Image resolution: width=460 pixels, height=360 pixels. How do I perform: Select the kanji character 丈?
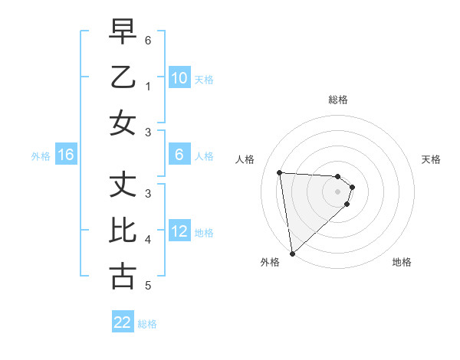point(123,184)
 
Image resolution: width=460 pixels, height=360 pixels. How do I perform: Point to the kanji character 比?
point(123,231)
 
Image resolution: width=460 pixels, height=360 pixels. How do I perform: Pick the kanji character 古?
point(123,277)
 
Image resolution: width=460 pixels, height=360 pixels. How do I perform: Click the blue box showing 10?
point(179,78)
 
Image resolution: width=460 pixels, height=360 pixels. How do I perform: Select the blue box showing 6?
point(179,155)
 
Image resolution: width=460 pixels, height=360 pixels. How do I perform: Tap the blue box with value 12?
point(179,231)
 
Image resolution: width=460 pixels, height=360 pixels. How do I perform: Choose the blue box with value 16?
point(66,155)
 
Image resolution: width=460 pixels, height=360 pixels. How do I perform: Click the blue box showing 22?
point(123,322)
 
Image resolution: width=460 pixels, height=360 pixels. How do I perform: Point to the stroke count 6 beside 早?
point(148,39)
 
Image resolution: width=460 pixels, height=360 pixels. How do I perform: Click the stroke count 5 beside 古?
point(148,286)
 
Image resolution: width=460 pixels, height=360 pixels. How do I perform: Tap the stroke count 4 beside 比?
point(148,240)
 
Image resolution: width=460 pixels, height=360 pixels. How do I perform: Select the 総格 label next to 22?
point(147,324)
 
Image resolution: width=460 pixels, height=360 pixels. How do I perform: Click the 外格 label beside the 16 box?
point(41,156)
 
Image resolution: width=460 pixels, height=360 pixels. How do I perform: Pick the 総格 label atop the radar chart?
point(337,100)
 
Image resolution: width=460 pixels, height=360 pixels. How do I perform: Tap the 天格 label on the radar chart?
point(431,159)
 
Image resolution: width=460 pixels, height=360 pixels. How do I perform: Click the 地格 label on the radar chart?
point(402,262)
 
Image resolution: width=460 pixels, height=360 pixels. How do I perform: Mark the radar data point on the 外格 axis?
point(292,254)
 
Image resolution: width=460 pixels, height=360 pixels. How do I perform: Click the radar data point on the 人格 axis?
point(279,172)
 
